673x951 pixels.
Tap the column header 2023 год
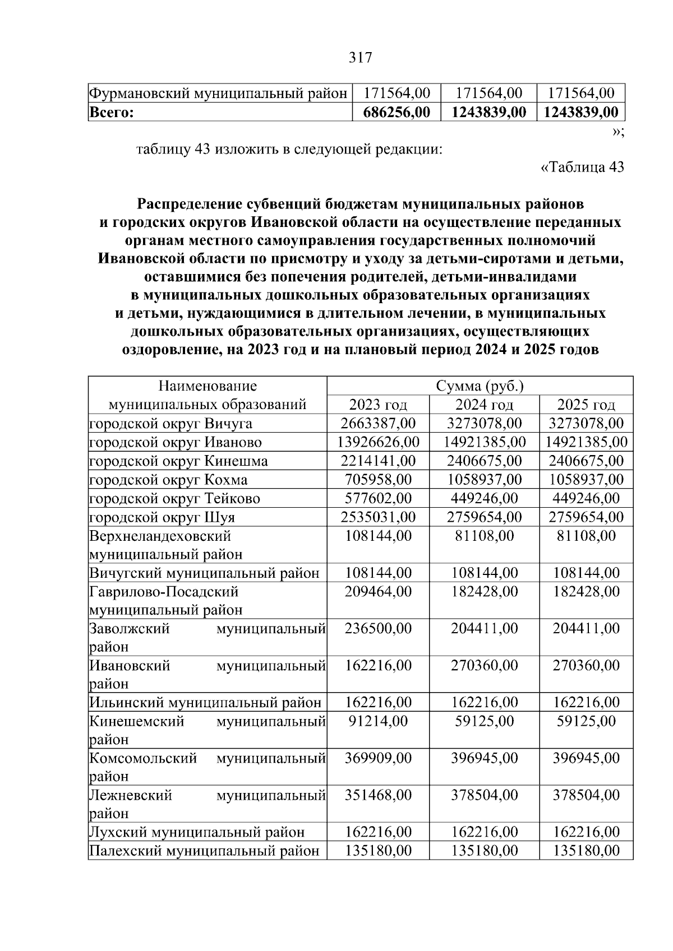point(378,405)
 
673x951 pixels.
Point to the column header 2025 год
point(586,405)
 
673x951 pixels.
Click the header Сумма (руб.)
point(480,386)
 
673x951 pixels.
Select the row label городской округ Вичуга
point(171,424)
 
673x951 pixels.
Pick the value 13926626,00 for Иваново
point(378,442)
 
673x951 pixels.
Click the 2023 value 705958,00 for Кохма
point(378,480)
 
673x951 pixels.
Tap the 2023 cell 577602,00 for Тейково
point(378,498)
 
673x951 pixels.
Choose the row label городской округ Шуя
point(162,517)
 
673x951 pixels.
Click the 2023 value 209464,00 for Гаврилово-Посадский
point(378,592)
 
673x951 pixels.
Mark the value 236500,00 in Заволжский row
point(378,629)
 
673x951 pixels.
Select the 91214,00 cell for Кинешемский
point(378,721)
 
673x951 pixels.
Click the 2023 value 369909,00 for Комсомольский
point(378,758)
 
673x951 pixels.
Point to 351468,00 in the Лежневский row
point(378,795)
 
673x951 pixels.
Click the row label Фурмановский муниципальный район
point(218,93)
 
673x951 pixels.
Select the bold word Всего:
point(112,112)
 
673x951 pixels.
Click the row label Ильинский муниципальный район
point(205,703)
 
